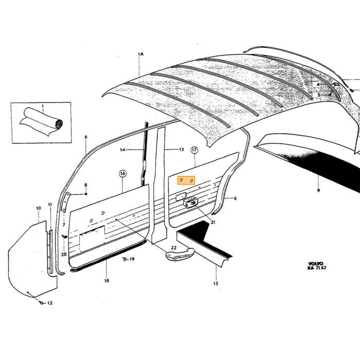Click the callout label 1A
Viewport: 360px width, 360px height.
pos(140,54)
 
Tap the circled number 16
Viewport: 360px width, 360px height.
pos(122,174)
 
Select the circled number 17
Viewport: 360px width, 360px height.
pos(194,150)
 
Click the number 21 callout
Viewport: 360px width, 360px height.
pos(213,222)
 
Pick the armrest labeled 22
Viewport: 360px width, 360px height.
pos(180,254)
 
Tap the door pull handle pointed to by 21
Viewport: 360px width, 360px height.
pos(190,203)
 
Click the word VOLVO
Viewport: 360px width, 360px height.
pos(315,264)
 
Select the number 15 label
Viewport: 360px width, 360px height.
pos(215,283)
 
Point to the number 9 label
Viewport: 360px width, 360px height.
pos(318,190)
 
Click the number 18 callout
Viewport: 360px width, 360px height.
pos(106,281)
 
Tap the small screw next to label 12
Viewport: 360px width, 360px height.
pos(42,303)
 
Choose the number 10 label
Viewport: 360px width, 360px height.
pos(39,208)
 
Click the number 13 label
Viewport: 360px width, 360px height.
pos(182,150)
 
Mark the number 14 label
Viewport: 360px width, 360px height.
pos(122,150)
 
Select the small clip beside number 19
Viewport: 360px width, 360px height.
pos(125,259)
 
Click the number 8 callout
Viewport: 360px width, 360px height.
pos(86,185)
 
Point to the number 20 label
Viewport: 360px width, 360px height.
pos(64,254)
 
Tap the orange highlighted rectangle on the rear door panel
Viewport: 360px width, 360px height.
pos(186,180)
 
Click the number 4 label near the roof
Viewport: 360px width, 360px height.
pos(318,84)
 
